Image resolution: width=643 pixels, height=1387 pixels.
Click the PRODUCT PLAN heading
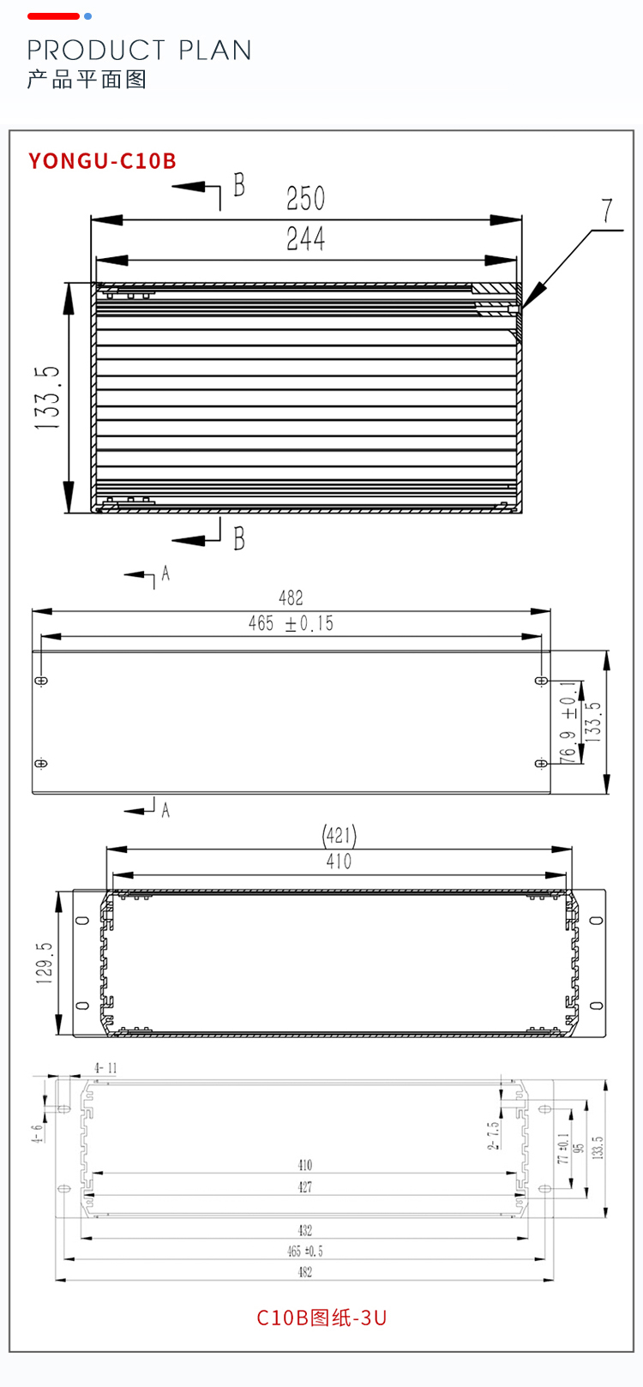(139, 50)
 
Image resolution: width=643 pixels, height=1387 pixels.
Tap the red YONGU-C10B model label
(102, 161)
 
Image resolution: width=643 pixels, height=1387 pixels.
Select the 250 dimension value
(305, 199)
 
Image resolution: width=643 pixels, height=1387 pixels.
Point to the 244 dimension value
(305, 238)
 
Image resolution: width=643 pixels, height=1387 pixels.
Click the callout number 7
(607, 211)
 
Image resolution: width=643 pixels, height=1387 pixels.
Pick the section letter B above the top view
(239, 184)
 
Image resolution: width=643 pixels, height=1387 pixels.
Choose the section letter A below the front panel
(165, 810)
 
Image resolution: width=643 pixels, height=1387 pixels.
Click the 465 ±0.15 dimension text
(291, 623)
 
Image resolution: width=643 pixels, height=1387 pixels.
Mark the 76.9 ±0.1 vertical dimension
(568, 722)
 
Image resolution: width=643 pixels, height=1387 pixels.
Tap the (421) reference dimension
(340, 835)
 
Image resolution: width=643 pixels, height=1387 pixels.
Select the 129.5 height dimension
(45, 963)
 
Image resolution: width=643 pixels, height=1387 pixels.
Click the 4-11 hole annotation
(105, 1068)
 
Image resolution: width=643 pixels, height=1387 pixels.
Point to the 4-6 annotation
(37, 1133)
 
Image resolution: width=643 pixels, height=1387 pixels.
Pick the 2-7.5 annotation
(493, 1134)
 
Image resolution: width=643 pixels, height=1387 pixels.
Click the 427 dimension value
(305, 1186)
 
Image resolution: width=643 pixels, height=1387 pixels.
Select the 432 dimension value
(305, 1230)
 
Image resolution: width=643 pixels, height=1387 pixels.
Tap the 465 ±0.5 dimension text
(305, 1252)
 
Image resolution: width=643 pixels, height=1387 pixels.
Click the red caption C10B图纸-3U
(321, 1318)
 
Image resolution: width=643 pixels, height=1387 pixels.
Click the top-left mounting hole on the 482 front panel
(41, 681)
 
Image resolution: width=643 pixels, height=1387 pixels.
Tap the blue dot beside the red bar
(87, 16)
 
